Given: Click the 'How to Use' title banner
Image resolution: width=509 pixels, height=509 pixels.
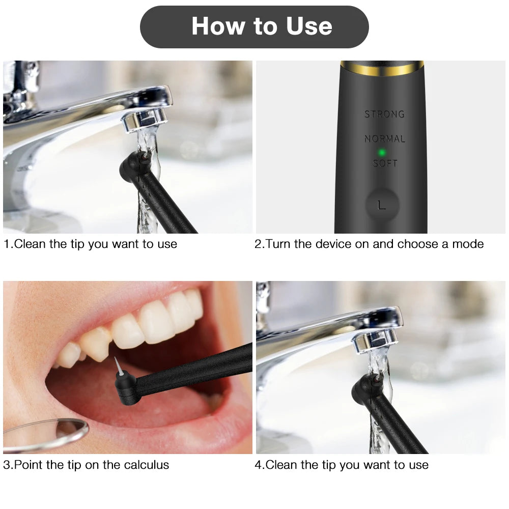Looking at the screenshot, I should point(254,26).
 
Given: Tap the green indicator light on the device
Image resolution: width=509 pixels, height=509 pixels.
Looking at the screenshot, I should point(381,152).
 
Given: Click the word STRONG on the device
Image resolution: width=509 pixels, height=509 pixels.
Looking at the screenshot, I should point(384,115).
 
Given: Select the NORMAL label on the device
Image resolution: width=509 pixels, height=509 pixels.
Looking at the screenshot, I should point(385,138).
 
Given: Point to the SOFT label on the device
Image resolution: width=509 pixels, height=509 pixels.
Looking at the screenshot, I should point(385,163).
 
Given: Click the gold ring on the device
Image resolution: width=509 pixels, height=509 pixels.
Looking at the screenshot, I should point(381,68).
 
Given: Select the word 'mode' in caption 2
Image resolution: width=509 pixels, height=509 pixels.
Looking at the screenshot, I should point(468,244).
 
